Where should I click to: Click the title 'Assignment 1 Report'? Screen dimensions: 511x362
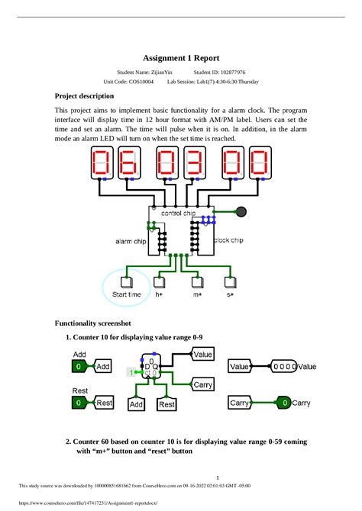pos(181,57)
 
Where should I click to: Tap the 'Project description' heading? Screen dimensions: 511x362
pos(85,96)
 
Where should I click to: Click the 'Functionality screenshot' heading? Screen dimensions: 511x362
pos(93,323)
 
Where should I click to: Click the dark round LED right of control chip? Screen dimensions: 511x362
pos(241,211)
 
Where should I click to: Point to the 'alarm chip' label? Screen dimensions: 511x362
pos(131,241)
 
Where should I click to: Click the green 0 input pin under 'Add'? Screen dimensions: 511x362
pos(78,367)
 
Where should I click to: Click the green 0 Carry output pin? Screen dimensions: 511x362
pos(284,402)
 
